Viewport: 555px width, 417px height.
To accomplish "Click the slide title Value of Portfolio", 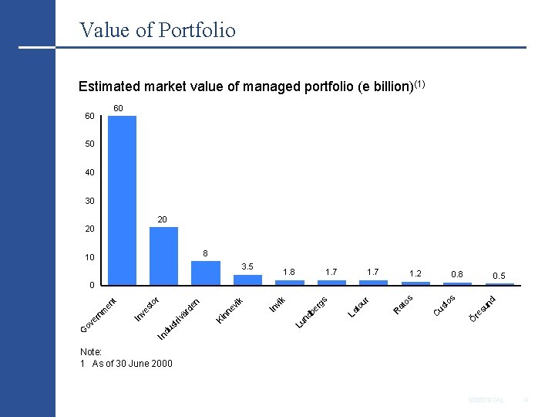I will pos(157,30).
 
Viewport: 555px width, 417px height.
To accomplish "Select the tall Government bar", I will pos(122,201).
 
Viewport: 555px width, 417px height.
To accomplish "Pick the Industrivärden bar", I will pos(205,273).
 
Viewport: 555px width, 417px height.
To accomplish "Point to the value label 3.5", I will pos(247,266).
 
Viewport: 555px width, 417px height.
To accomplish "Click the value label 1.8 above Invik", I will pos(289,272).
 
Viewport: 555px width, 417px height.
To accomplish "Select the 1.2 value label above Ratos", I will pos(415,273).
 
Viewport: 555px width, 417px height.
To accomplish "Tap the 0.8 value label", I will pos(457,274).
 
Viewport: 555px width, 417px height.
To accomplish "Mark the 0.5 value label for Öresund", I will pos(499,276).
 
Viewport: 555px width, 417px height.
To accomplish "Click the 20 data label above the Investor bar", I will pos(163,220).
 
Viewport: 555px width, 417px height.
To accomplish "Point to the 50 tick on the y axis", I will pos(90,144).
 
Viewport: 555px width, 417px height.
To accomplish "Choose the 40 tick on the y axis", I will pos(90,173).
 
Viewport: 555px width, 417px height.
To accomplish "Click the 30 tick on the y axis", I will pos(90,201).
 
